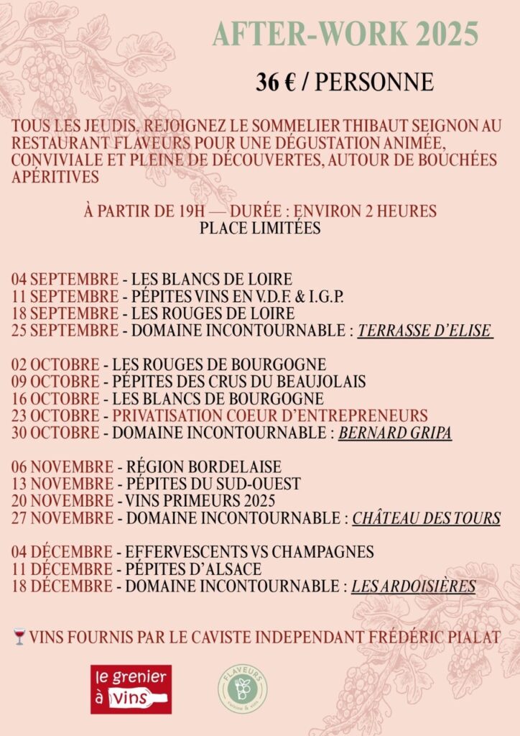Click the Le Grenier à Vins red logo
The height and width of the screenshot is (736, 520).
point(131,689)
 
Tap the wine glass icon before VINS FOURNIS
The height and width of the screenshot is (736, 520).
point(19,637)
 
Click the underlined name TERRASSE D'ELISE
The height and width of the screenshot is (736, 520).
point(425,331)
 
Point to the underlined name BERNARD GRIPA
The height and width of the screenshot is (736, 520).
point(394,433)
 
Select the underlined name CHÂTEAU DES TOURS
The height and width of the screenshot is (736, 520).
point(426,518)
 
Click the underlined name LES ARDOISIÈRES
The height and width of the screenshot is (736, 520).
point(413,586)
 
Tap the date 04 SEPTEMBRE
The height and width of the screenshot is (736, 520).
point(65,279)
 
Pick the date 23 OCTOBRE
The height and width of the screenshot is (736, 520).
point(55,416)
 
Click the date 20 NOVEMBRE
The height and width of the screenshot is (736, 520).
point(62,501)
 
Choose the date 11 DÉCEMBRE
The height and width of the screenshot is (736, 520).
point(62,569)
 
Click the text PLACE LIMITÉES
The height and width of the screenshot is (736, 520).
point(259,229)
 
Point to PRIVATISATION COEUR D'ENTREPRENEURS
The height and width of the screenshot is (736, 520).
point(269,416)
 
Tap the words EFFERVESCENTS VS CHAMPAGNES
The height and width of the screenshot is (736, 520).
point(249,552)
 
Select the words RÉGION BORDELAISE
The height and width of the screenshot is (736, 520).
point(203,466)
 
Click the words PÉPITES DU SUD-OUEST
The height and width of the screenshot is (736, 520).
point(213,484)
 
